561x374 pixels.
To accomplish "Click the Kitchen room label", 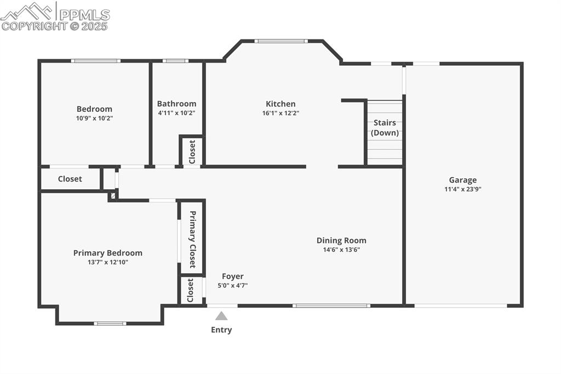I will pos(280,104).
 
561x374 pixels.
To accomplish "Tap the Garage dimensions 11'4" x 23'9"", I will pos(463,189).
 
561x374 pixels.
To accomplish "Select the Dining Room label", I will pos(341,240).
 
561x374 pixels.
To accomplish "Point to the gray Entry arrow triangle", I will pos(221,316).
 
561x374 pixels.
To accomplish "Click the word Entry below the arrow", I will pos(221,330).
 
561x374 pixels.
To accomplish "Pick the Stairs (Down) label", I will pos(385,128).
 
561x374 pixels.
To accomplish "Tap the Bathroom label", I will pos(176,104).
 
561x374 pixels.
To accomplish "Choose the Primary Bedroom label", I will pos(108,253).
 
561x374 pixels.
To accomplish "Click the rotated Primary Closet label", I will pos(192,239).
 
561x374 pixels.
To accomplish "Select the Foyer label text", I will pos(233,276).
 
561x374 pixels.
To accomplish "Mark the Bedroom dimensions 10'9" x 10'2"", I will pos(94,118).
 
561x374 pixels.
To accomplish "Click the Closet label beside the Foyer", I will pos(191,291).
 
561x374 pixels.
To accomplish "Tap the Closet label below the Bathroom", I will pos(192,151).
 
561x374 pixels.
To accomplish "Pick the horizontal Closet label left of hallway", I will pos(70,179).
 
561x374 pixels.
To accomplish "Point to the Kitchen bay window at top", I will pos(281,41).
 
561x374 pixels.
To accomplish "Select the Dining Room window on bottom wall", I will pos(331,305).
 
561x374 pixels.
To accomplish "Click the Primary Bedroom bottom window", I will pos(110,324).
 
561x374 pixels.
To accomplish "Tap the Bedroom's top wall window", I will pos(96,61).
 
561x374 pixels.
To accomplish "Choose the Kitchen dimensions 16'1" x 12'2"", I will pos(280,113).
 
